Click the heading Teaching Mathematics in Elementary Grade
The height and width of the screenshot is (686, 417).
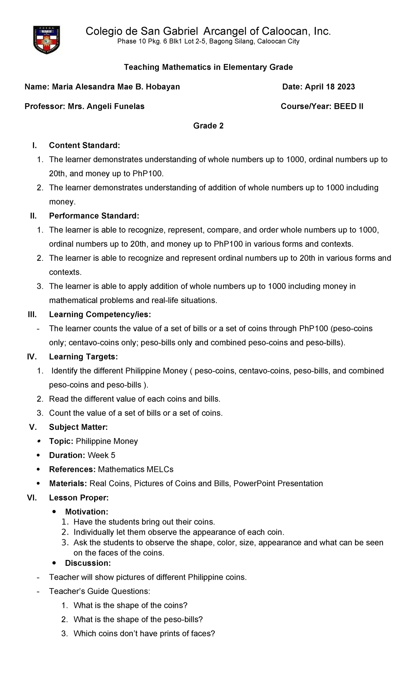click(x=208, y=67)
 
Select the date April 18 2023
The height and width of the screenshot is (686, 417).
click(x=330, y=87)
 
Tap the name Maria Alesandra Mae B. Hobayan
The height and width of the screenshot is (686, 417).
click(x=116, y=87)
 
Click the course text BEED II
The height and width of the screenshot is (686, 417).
click(x=349, y=106)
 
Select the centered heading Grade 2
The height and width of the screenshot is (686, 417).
click(x=208, y=126)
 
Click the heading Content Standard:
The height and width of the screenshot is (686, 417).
click(x=84, y=145)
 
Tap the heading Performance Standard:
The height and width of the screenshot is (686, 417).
click(x=94, y=216)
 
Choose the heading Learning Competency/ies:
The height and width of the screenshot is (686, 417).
click(x=100, y=315)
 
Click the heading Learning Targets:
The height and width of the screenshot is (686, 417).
click(x=83, y=357)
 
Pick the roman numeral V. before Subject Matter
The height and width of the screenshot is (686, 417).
click(x=33, y=427)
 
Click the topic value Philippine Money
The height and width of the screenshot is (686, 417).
click(x=107, y=441)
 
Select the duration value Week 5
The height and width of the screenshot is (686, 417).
click(x=101, y=455)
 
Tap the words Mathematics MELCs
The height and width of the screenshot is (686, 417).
click(x=136, y=470)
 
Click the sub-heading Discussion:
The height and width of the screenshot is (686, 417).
click(x=88, y=563)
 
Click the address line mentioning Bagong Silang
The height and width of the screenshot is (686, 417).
click(x=208, y=42)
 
